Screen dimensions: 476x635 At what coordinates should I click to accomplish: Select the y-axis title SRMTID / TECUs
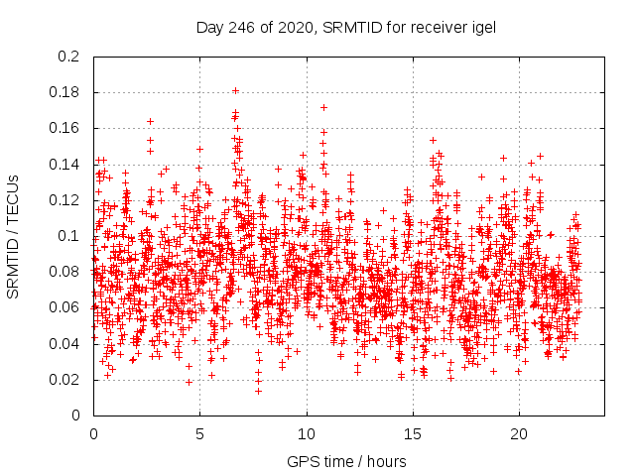click(x=13, y=236)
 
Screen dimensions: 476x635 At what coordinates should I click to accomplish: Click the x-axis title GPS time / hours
click(x=345, y=461)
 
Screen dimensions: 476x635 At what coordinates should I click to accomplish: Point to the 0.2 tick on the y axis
click(x=69, y=57)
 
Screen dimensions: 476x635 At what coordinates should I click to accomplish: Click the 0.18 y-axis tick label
click(x=65, y=92)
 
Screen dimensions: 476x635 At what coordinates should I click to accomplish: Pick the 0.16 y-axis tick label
click(x=65, y=128)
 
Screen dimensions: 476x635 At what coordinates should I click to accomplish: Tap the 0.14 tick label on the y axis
click(x=65, y=164)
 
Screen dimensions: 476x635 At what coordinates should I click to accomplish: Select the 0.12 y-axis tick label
click(x=65, y=200)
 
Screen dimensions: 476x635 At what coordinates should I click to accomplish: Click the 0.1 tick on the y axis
click(x=69, y=236)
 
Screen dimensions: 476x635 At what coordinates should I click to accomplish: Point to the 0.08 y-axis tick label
click(x=65, y=272)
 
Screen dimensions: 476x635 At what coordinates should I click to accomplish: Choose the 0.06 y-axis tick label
click(x=65, y=307)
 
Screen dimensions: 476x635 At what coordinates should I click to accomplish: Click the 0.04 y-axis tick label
click(x=65, y=343)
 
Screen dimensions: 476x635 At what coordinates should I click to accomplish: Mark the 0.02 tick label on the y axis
click(x=65, y=380)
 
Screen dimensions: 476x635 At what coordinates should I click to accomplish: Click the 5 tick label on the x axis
click(x=199, y=434)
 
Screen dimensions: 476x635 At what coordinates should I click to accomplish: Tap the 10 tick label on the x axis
click(x=306, y=434)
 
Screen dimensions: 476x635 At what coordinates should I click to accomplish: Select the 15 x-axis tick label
click(x=412, y=434)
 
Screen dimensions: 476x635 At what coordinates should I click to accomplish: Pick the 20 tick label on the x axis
click(x=518, y=434)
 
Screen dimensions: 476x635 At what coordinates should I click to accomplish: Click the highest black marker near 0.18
click(x=235, y=90)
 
